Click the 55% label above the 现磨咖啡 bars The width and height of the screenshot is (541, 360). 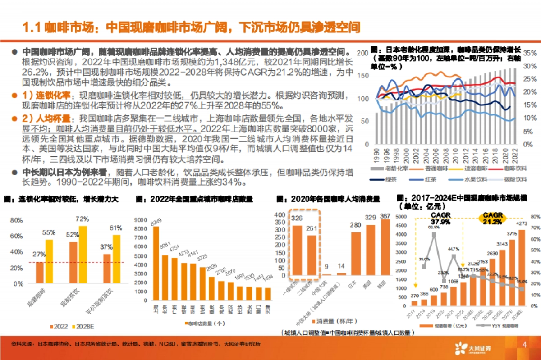pyautogui.click(x=49, y=233)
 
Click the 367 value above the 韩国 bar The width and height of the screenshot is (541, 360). pyautogui.click(x=385, y=216)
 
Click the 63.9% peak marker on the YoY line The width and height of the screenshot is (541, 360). pyautogui.click(x=433, y=234)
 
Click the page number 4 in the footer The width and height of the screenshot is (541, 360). pyautogui.click(x=524, y=345)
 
